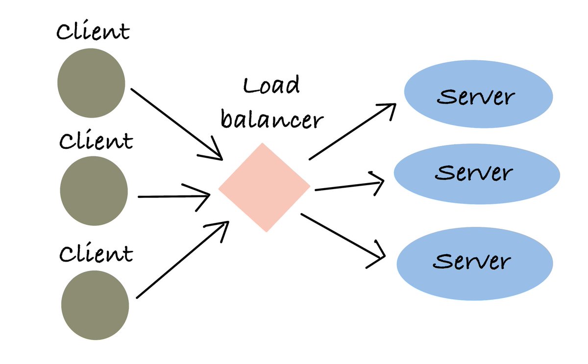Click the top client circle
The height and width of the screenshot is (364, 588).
click(91, 84)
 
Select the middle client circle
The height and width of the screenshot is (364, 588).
click(94, 191)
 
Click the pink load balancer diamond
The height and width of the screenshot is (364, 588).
click(264, 187)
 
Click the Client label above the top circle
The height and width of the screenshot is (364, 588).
click(93, 31)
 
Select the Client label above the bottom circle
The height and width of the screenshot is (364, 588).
click(96, 253)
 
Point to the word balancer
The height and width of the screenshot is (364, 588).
click(272, 119)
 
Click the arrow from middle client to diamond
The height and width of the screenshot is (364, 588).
click(174, 196)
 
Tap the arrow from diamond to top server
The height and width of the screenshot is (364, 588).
click(352, 132)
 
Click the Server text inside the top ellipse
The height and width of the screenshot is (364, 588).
click(475, 97)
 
